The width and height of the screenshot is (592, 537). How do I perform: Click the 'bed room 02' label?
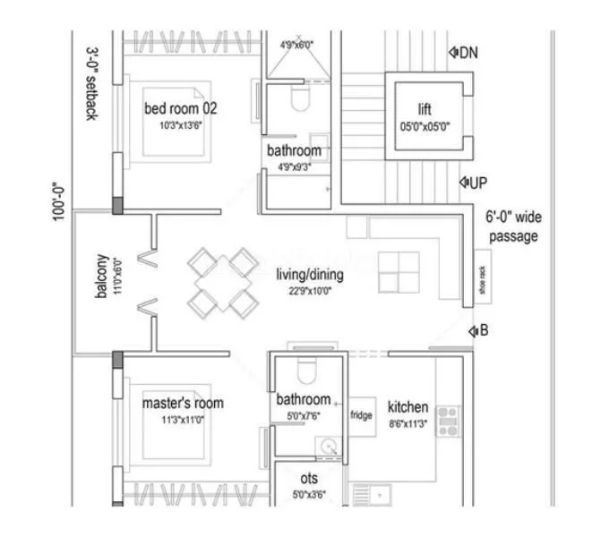click(x=180, y=108)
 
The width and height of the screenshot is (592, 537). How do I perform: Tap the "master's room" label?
click(x=183, y=403)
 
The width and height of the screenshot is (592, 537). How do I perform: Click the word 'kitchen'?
click(x=408, y=407)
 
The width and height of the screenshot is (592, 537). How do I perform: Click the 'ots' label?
click(x=308, y=479)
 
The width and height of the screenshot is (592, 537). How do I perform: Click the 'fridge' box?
click(x=361, y=415)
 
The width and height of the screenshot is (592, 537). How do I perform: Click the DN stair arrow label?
click(x=463, y=52)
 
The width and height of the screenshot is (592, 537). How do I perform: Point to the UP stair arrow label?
click(x=473, y=183)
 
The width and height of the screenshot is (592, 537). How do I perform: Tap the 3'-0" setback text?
click(x=91, y=84)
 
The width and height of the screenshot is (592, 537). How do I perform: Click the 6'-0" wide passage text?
click(x=513, y=226)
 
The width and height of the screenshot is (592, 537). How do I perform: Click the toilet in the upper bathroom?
click(x=300, y=99)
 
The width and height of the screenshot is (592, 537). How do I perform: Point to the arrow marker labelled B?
click(x=477, y=332)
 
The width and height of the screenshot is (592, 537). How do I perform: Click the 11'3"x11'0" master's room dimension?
click(x=183, y=419)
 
